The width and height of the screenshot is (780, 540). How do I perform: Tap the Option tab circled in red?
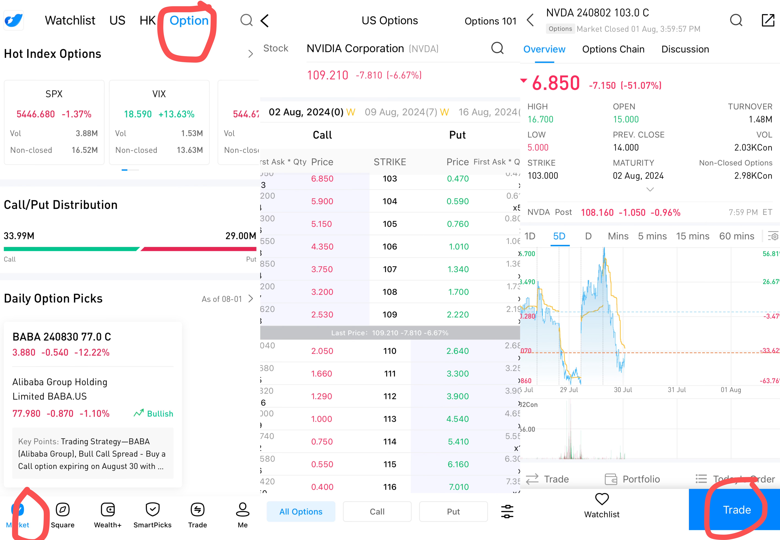point(189,21)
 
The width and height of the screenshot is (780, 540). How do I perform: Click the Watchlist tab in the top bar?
point(70,21)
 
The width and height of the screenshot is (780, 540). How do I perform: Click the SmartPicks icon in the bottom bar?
point(152,510)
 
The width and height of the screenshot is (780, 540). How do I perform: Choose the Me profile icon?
point(242,510)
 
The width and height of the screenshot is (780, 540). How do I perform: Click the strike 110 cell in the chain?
point(390,351)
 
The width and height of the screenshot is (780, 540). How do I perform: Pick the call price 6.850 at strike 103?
point(322,179)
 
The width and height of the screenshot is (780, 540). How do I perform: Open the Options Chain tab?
point(613,49)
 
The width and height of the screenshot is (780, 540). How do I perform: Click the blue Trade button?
point(737,510)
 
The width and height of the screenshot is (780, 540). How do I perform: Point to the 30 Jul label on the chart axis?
point(623,390)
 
